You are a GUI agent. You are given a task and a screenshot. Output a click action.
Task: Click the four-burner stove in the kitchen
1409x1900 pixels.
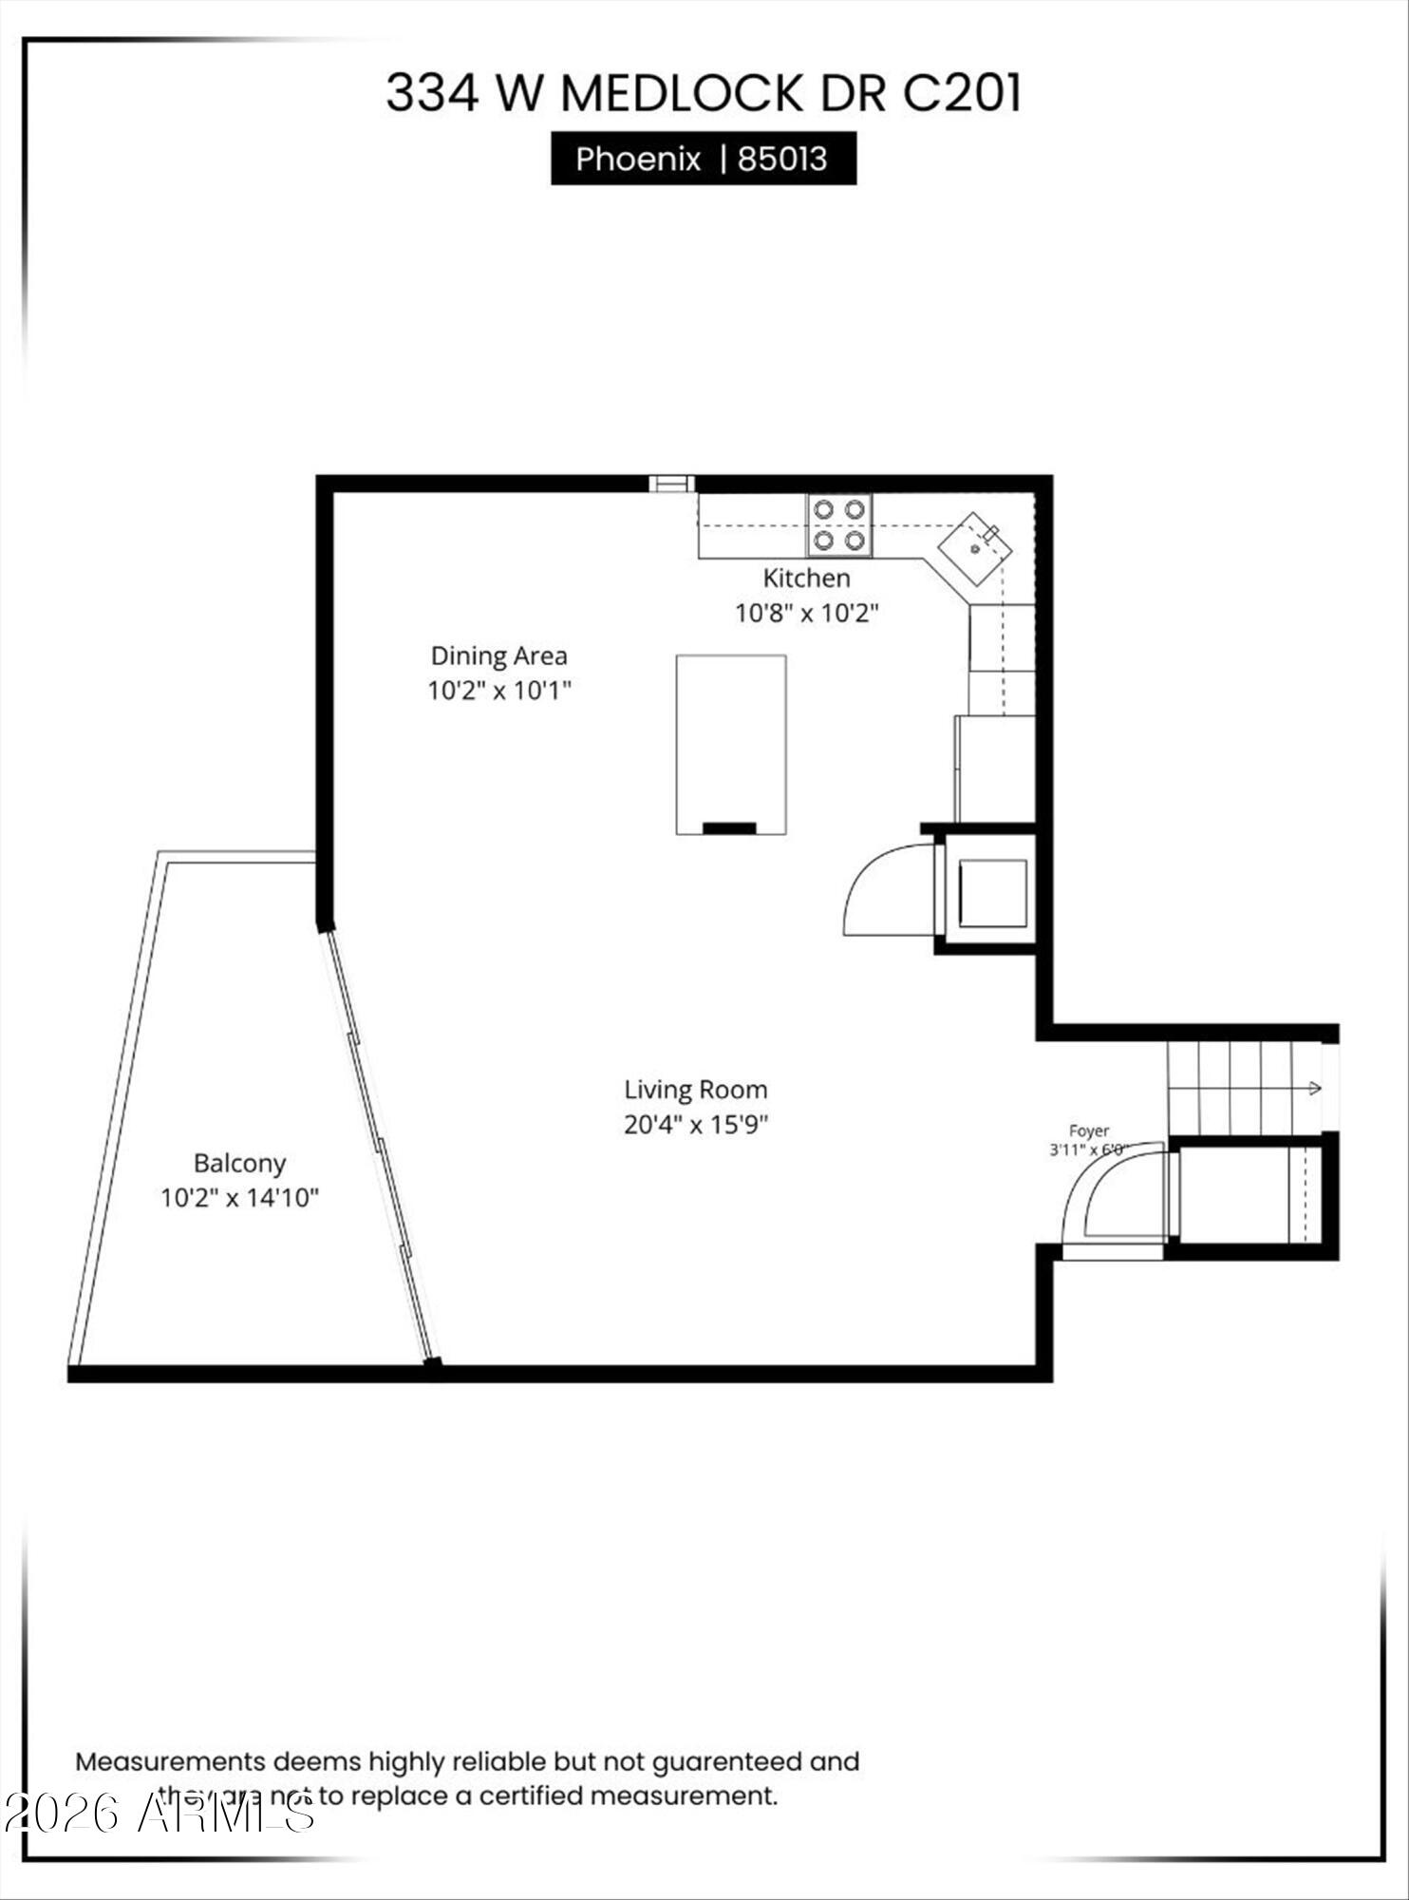point(839,525)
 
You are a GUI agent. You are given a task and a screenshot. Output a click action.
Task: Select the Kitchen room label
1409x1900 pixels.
point(806,578)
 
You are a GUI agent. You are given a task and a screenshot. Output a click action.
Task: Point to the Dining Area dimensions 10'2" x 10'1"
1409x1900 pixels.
point(498,690)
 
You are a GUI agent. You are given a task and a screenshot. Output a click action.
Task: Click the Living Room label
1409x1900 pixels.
point(695,1090)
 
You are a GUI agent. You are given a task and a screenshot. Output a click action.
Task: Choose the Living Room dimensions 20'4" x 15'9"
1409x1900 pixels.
point(695,1125)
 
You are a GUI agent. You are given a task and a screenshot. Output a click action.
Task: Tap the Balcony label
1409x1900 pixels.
point(239,1163)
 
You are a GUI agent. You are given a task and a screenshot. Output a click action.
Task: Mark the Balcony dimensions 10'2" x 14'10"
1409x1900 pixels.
point(239,1198)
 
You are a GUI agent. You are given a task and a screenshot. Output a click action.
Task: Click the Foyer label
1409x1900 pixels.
point(1088,1130)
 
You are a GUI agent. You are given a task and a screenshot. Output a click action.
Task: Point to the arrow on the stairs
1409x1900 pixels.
point(1314,1088)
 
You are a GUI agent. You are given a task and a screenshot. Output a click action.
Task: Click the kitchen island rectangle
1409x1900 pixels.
point(730,744)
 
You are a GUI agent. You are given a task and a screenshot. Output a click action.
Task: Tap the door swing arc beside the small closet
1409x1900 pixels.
point(883,888)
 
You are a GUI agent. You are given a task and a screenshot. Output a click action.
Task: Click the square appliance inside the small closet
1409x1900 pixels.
point(992,893)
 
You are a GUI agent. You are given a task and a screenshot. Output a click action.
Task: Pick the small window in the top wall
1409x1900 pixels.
point(671,484)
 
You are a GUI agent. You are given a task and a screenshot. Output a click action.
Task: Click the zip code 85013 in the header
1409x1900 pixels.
point(782,159)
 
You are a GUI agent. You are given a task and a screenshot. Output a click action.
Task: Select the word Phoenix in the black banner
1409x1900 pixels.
point(637,159)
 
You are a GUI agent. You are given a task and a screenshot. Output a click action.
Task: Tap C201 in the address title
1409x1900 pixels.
point(961,93)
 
